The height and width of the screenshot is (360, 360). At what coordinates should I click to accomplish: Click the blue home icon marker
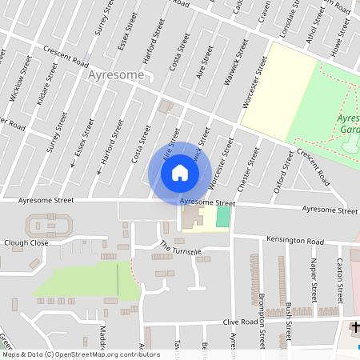coord(180,172)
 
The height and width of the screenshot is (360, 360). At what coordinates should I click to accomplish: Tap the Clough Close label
coord(26,242)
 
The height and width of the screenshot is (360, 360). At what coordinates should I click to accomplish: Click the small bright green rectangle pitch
coord(222,216)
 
